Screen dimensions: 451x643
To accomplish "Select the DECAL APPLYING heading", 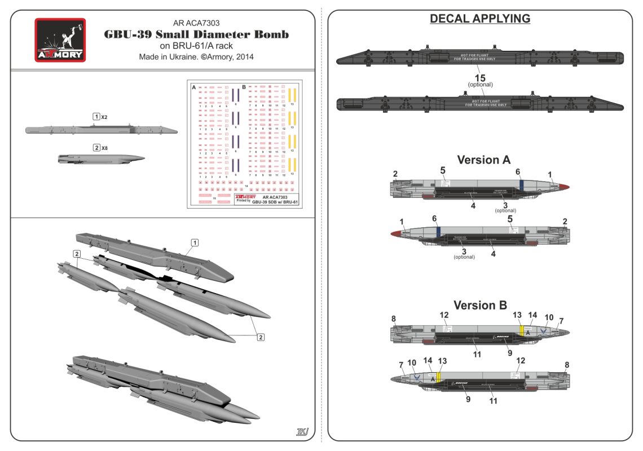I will [x=480, y=19].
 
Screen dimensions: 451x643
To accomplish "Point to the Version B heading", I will [x=480, y=305].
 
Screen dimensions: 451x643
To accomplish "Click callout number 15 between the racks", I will [x=481, y=77].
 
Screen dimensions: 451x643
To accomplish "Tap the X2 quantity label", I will [x=105, y=116].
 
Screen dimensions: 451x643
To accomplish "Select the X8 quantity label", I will [x=105, y=148].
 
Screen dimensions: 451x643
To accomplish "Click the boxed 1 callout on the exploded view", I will [x=195, y=242].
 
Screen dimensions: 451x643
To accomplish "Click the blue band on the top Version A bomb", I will [x=522, y=184].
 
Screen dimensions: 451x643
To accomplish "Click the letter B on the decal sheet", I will [x=244, y=87].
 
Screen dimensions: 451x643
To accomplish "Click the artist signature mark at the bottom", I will [x=302, y=432].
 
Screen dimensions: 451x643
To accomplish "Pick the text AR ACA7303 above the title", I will [x=197, y=23].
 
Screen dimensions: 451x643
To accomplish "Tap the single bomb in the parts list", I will [x=100, y=158].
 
